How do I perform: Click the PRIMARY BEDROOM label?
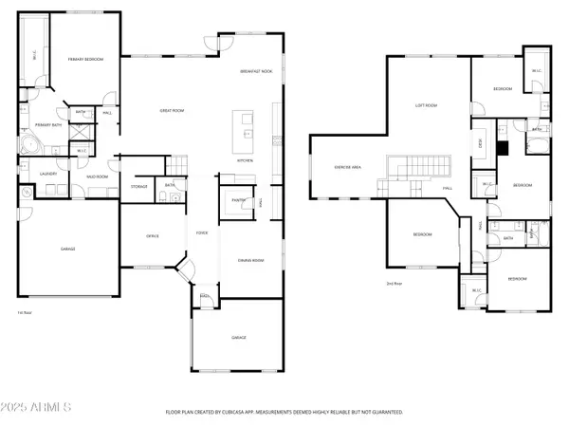pos(86,59)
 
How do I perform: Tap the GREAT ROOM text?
pos(170,111)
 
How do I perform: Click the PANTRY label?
pos(232,200)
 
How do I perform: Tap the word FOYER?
pos(201,232)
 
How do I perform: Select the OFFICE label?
pos(152,235)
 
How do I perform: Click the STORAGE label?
pos(139,187)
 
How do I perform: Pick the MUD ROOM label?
pos(96,176)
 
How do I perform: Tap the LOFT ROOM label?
pos(426,105)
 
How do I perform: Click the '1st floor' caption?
pos(25,312)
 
